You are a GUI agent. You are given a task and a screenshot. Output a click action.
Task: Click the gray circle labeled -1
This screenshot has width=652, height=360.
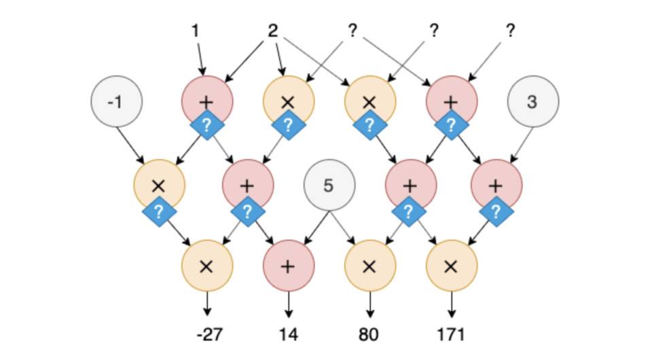pyautogui.click(x=117, y=102)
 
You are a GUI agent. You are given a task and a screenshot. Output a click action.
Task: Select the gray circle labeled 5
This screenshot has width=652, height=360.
pyautogui.click(x=329, y=185)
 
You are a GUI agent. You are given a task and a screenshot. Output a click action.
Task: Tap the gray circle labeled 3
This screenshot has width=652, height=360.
pyautogui.click(x=533, y=102)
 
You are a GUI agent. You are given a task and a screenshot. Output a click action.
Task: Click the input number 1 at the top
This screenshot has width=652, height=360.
pyautogui.click(x=197, y=31)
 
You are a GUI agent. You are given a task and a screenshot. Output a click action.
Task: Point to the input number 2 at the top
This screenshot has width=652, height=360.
pyautogui.click(x=273, y=31)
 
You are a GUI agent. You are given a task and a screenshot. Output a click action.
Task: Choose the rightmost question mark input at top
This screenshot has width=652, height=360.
pyautogui.click(x=511, y=31)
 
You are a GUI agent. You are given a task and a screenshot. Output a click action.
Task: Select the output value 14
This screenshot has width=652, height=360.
pyautogui.click(x=288, y=334)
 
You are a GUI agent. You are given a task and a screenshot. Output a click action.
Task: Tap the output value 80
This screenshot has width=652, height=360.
pyautogui.click(x=369, y=334)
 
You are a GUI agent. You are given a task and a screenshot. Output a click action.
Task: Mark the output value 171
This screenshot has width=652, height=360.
pyautogui.click(x=451, y=334)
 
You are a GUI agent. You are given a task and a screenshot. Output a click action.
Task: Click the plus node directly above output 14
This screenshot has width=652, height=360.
pyautogui.click(x=288, y=266)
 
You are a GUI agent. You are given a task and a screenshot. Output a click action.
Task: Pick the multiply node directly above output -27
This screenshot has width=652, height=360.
pyautogui.click(x=207, y=266)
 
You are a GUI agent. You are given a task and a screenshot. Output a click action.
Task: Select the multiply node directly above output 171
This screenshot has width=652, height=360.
pyautogui.click(x=451, y=266)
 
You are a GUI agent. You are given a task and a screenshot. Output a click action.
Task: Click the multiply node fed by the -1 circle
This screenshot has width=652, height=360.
pyautogui.click(x=159, y=185)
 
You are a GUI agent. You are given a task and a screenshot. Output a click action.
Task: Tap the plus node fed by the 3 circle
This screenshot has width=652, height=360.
pyautogui.click(x=496, y=185)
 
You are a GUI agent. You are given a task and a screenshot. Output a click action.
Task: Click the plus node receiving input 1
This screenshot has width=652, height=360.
pyautogui.click(x=207, y=101)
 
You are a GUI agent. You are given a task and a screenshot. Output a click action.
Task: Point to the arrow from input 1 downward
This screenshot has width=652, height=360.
pyautogui.click(x=200, y=58)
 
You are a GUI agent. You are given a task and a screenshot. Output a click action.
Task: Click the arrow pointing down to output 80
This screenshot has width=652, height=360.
pyautogui.click(x=369, y=304)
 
